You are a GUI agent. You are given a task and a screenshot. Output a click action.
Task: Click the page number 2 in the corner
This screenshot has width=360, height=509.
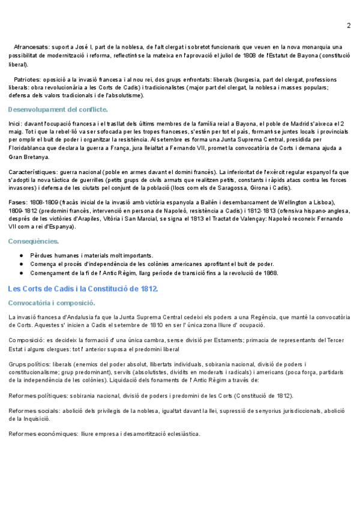click(349, 25)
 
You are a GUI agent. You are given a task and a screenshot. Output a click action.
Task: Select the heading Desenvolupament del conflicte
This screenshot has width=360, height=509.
click(58, 109)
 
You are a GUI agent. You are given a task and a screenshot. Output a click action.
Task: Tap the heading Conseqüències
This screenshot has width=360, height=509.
click(34, 241)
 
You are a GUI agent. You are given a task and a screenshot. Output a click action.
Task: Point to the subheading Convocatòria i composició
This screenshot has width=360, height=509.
click(52, 303)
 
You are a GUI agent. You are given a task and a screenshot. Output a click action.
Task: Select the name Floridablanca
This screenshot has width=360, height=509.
click(29, 148)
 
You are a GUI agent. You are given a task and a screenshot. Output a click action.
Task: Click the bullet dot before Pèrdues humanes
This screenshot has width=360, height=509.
click(22, 255)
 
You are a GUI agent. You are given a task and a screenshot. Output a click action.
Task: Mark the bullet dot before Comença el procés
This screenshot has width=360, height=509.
click(22, 264)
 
